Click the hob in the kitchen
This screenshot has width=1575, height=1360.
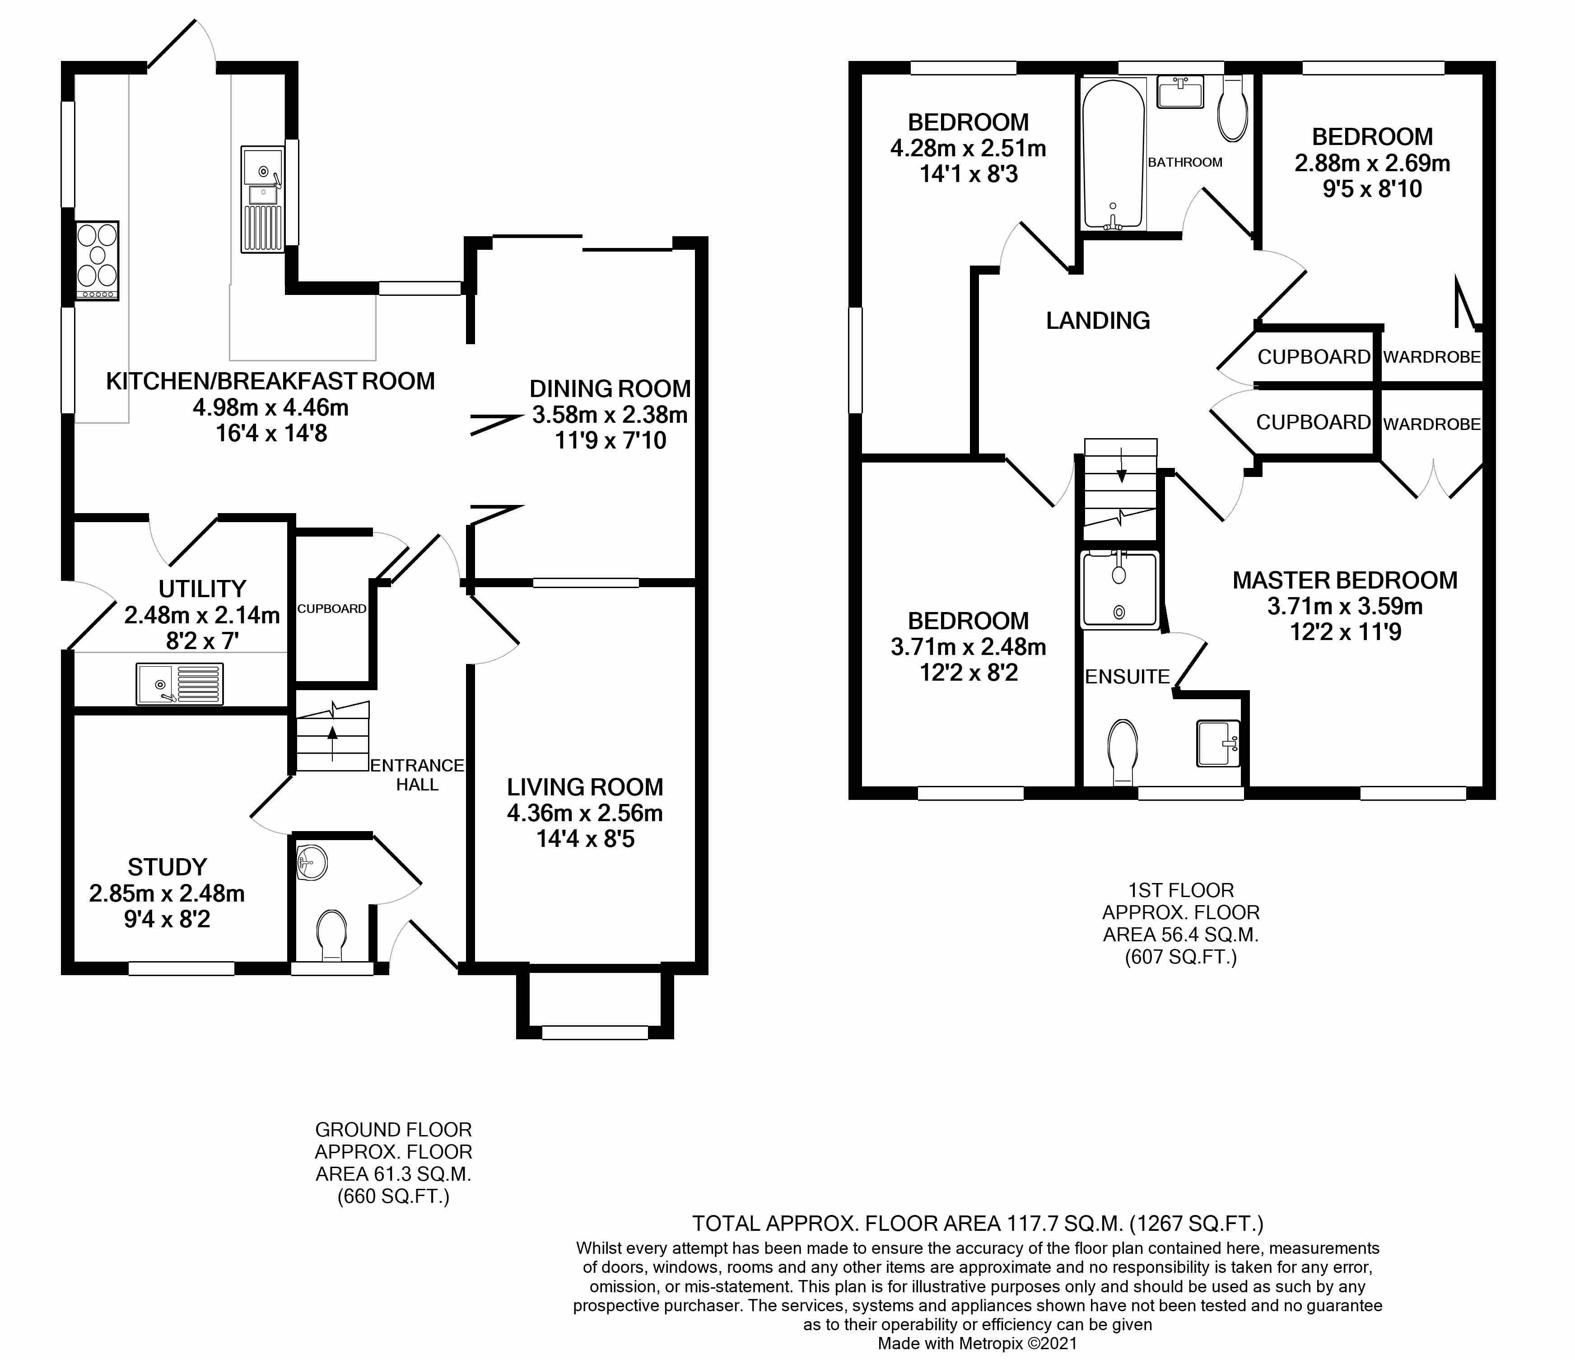click(97, 261)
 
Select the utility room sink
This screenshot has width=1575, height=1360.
click(180, 684)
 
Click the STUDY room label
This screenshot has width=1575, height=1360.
click(167, 867)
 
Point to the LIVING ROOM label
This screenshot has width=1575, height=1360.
click(585, 787)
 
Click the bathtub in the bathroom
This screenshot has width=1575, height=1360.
click(1113, 154)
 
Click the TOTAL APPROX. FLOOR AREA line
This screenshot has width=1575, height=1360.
click(978, 1223)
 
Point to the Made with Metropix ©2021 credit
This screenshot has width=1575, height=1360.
click(978, 1343)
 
